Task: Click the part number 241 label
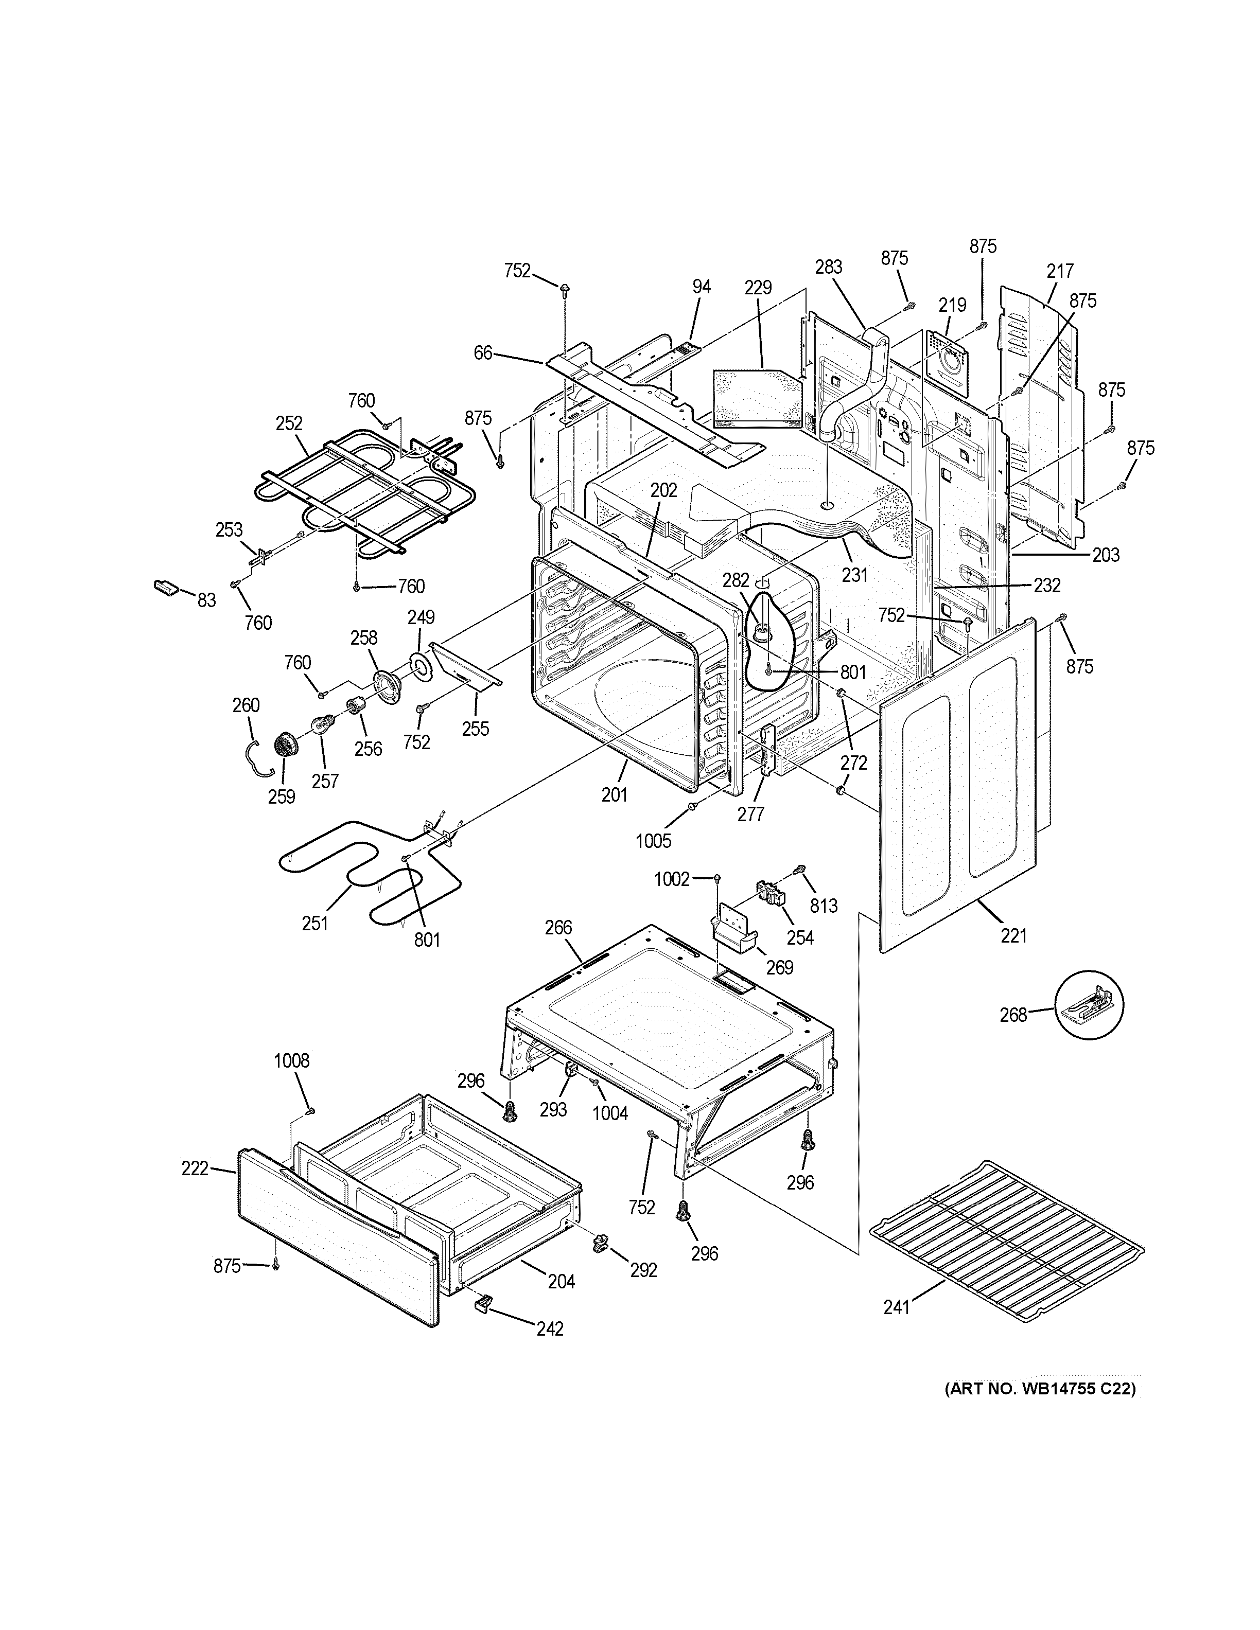pyautogui.click(x=897, y=1307)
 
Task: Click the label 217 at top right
pyautogui.click(x=1060, y=271)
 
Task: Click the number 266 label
pyautogui.click(x=557, y=927)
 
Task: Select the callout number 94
pyautogui.click(x=701, y=287)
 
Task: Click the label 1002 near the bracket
pyautogui.click(x=672, y=879)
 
